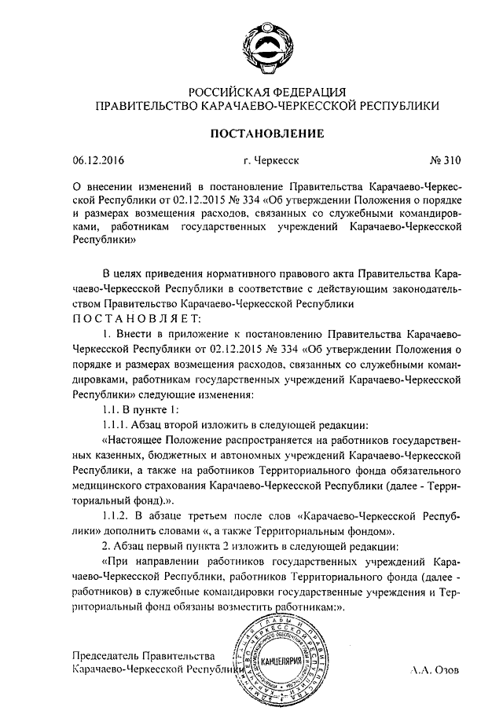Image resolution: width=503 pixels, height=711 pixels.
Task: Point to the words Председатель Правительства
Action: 142,655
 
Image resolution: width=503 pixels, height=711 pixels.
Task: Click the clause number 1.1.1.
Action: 118,422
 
